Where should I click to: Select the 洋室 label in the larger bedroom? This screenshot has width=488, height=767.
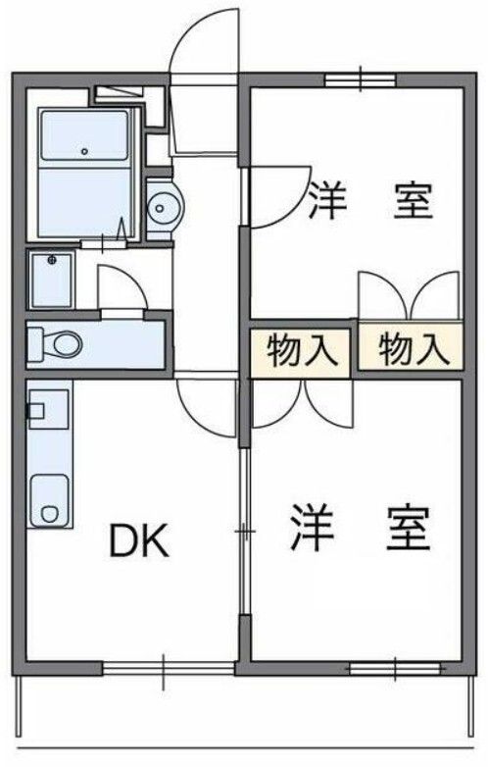pyautogui.click(x=360, y=531)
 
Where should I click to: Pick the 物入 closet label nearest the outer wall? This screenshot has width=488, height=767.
pyautogui.click(x=407, y=350)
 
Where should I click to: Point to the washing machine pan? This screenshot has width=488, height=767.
pyautogui.click(x=52, y=280)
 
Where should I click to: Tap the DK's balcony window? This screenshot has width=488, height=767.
pyautogui.click(x=167, y=669)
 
